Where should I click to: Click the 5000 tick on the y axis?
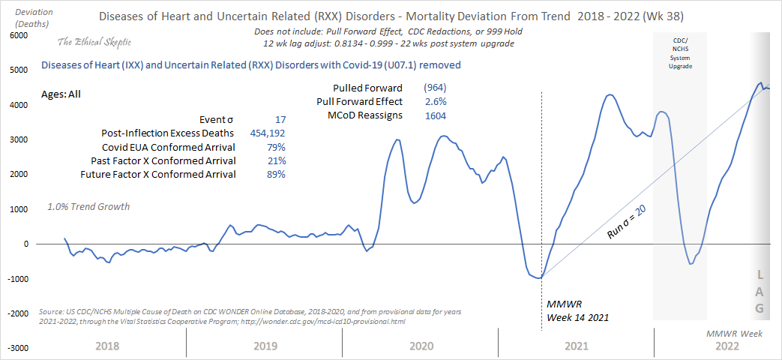tap(19, 70)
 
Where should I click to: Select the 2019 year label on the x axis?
tap(265, 346)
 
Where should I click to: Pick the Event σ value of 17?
tap(280, 119)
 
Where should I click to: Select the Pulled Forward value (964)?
tap(435, 88)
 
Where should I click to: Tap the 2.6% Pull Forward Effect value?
tap(435, 101)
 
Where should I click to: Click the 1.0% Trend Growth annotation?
tap(88, 206)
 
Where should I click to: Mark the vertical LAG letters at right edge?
tap(760, 291)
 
